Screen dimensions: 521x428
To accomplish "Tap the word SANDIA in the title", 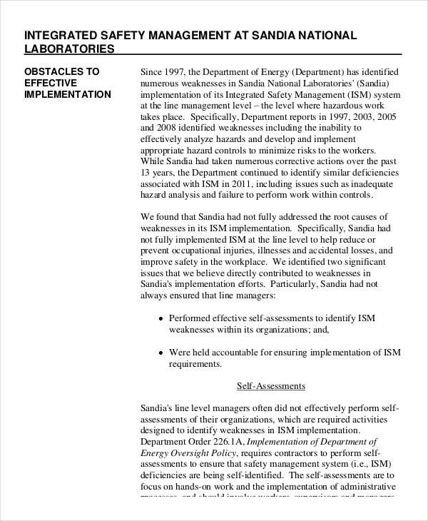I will tap(271, 35).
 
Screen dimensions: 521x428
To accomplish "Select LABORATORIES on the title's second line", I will tap(69, 49).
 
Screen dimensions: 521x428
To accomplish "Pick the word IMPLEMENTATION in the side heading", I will tap(68, 94).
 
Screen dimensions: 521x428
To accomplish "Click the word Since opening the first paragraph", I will tap(153, 72).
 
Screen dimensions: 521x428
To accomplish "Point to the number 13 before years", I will tap(146, 172).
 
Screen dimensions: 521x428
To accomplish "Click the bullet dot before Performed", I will tap(160, 319).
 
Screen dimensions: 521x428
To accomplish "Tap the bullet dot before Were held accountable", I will tap(160, 353).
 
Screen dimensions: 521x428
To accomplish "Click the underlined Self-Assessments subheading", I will tap(271, 386).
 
